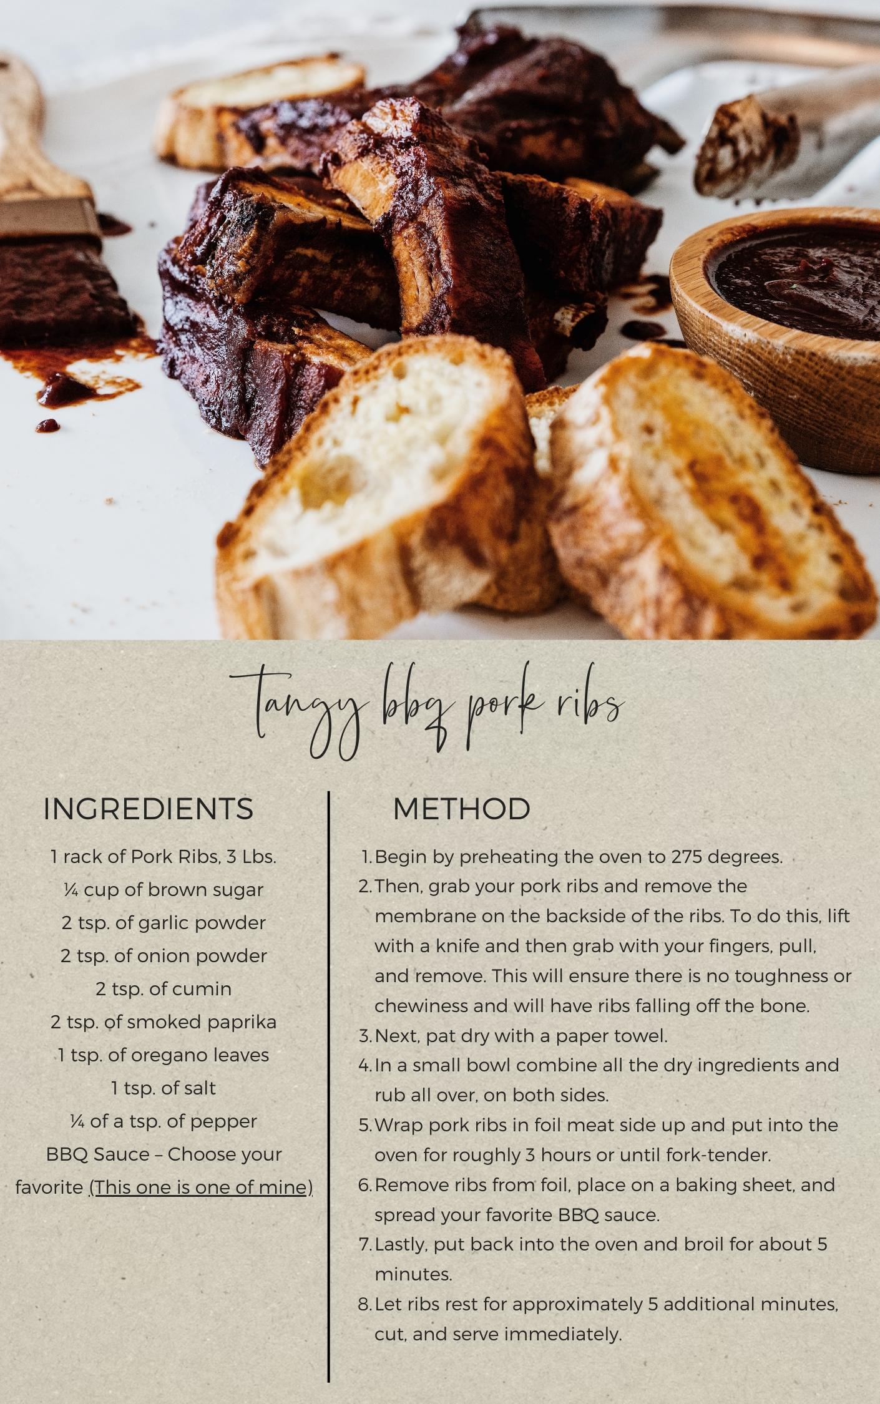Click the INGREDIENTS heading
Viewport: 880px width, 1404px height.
pyautogui.click(x=149, y=809)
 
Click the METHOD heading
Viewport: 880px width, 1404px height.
pyautogui.click(x=461, y=809)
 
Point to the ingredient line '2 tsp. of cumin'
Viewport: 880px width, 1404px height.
pyautogui.click(x=164, y=989)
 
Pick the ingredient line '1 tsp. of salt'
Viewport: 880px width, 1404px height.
pyautogui.click(x=164, y=1088)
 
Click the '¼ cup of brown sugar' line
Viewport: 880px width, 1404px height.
pyautogui.click(x=164, y=890)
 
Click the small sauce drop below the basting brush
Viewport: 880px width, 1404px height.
pyautogui.click(x=47, y=426)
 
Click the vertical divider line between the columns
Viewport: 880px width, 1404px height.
pyautogui.click(x=328, y=1061)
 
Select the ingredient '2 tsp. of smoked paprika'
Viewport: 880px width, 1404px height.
pyautogui.click(x=164, y=1022)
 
